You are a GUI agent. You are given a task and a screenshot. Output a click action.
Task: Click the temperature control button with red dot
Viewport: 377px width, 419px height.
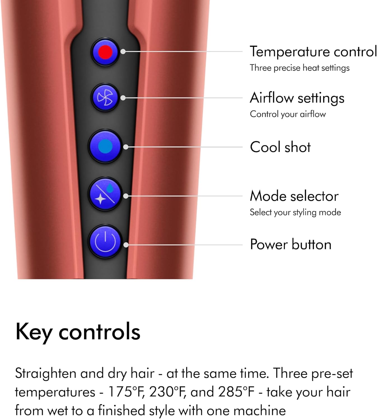[105, 52]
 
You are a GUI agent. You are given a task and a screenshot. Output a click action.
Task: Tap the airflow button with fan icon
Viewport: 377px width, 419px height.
[105, 97]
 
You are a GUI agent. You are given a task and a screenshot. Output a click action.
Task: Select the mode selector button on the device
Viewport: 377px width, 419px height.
[105, 194]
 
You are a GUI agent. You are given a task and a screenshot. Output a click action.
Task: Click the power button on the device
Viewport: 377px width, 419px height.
[105, 242]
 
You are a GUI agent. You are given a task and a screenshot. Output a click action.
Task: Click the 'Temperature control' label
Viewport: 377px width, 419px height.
[313, 52]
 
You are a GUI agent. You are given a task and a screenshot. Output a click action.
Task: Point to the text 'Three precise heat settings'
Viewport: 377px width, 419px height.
[299, 68]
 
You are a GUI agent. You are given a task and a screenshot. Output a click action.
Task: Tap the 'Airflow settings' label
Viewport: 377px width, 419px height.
[297, 98]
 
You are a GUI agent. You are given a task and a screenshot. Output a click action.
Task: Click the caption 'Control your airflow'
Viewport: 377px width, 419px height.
[288, 114]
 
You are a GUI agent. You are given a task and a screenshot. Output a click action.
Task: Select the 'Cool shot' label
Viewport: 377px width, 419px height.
[280, 147]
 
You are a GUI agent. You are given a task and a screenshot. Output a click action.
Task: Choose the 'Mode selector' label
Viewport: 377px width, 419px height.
[294, 196]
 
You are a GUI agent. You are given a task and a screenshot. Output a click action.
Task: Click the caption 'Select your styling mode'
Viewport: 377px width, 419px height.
[295, 212]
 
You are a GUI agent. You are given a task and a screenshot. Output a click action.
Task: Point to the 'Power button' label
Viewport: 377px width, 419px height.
[291, 244]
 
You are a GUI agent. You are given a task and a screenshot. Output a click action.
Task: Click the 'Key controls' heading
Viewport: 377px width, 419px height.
[78, 332]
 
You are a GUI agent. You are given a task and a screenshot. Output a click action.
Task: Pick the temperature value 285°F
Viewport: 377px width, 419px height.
[236, 392]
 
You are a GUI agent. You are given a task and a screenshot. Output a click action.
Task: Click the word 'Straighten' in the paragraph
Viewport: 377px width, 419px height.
[45, 373]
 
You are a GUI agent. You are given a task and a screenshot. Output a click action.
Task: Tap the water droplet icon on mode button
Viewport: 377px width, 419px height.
[110, 189]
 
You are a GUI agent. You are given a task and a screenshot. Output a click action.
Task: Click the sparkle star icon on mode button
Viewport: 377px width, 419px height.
[100, 199]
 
